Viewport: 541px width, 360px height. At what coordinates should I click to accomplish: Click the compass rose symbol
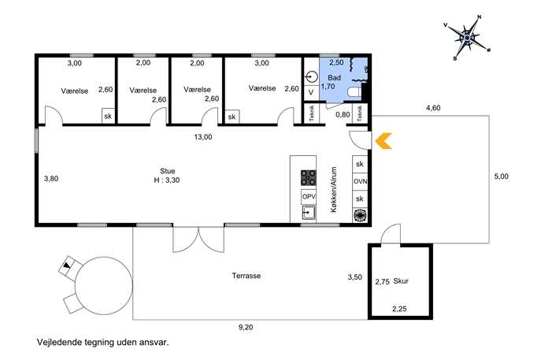tap(467, 37)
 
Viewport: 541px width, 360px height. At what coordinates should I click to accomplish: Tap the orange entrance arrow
tap(384, 141)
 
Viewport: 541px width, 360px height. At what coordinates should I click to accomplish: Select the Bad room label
tap(334, 78)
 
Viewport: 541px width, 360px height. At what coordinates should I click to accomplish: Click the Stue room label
tap(167, 171)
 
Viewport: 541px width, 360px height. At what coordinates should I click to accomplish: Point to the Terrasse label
tap(246, 276)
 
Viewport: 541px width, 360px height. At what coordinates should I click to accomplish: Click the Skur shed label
tap(401, 281)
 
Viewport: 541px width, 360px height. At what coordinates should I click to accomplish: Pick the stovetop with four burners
tap(308, 178)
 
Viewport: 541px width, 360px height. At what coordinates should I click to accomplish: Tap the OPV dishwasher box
tap(309, 197)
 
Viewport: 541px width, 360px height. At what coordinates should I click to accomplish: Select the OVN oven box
tap(360, 181)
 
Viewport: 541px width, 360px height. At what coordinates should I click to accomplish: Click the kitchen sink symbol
tap(309, 213)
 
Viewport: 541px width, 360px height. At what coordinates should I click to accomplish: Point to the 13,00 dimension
tap(203, 137)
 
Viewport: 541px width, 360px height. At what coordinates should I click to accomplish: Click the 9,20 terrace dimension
tap(246, 327)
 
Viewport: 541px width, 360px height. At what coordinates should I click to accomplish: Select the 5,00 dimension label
tap(502, 176)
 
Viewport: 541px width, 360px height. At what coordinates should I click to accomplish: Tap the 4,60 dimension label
tap(433, 108)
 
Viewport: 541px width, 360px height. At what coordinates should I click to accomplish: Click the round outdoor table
tap(103, 286)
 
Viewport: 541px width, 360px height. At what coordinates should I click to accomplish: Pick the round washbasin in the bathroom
tap(312, 76)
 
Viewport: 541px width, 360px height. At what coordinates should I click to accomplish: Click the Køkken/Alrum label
tap(334, 190)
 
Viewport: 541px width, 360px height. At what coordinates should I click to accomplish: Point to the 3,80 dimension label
tap(51, 179)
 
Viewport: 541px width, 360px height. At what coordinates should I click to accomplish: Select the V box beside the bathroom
tap(311, 92)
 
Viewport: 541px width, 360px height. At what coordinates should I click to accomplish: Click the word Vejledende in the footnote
tap(56, 343)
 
